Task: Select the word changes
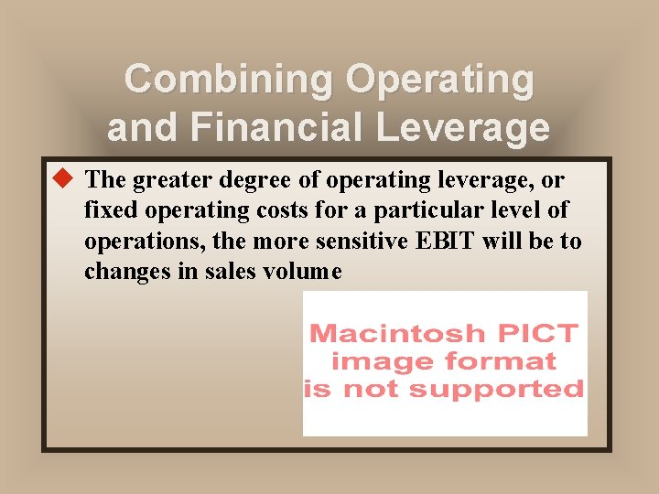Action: click(122, 273)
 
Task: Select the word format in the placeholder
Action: click(508, 361)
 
